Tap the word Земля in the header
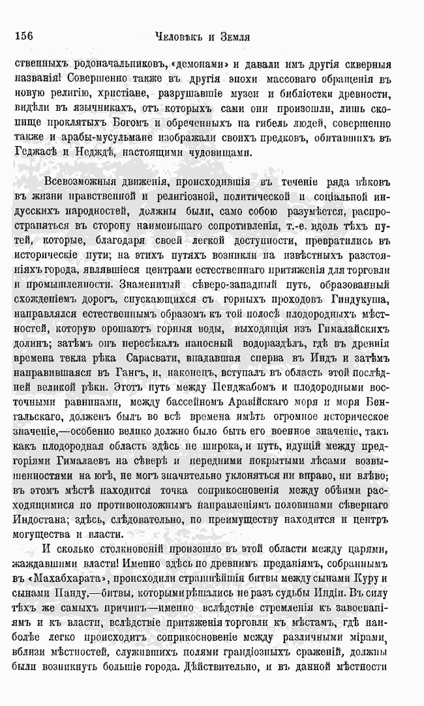233,38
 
